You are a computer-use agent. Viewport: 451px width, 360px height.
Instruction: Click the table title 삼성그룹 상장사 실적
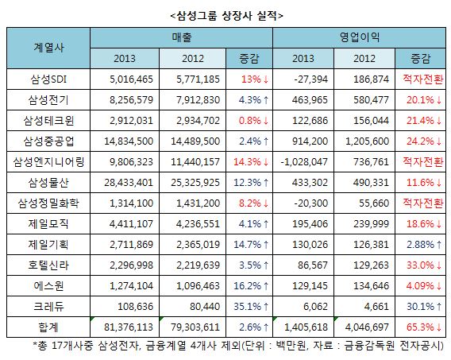click(227, 16)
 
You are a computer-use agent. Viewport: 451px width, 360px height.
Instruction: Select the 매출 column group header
click(182, 37)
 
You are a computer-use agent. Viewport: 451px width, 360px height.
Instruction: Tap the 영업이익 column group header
click(360, 37)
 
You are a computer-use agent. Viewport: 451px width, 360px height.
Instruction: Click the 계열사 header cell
click(48, 48)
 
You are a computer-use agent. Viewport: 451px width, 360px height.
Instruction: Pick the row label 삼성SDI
click(48, 79)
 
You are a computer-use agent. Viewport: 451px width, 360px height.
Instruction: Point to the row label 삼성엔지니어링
click(48, 162)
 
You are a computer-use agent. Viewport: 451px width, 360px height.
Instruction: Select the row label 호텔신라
click(48, 265)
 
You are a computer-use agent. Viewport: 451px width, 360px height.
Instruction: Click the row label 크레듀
click(48, 307)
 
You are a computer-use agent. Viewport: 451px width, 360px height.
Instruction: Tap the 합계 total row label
click(48, 327)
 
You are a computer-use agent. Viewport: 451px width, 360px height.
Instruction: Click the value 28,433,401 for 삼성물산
click(129, 183)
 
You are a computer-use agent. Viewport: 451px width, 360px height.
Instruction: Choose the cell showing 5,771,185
click(198, 79)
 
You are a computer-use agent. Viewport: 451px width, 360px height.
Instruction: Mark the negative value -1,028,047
click(304, 162)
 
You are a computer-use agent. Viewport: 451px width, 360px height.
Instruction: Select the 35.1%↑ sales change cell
click(251, 307)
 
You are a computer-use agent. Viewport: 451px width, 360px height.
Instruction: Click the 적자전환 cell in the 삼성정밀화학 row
click(422, 203)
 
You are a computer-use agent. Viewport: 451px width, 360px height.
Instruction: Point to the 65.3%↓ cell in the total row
click(424, 327)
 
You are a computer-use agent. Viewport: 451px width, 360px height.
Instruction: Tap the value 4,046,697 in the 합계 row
click(367, 327)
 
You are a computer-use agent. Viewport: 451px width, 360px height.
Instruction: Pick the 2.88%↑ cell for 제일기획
click(424, 245)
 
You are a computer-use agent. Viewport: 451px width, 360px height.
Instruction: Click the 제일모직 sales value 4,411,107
click(131, 224)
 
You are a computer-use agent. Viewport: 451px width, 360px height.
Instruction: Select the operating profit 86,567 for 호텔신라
click(313, 265)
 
